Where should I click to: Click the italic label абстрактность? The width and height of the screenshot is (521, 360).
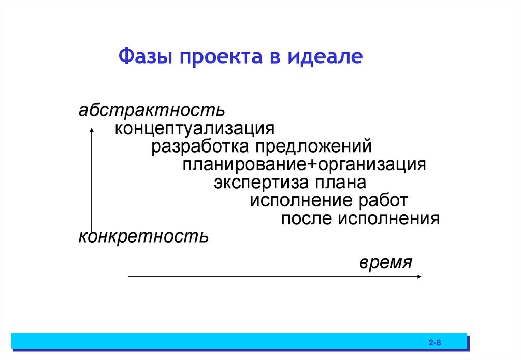[x=151, y=110]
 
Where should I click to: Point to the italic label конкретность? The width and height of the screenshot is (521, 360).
[x=143, y=236]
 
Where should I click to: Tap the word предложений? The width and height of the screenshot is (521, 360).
[x=314, y=147]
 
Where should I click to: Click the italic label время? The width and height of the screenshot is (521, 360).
[x=385, y=263]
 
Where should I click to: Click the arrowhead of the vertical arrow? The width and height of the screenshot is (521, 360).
[x=92, y=130]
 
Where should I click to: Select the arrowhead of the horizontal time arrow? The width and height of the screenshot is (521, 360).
[x=419, y=276]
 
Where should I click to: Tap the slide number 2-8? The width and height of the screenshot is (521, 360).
[x=434, y=343]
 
